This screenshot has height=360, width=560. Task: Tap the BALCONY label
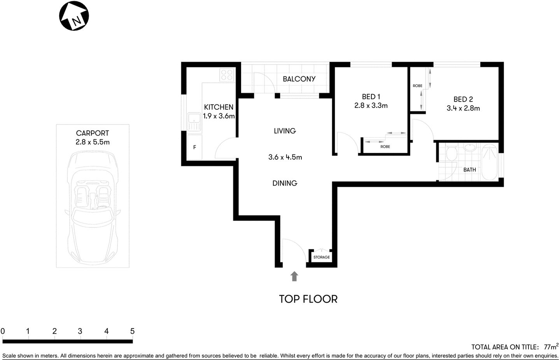tap(299, 79)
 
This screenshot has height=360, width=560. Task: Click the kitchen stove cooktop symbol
tap(227, 75)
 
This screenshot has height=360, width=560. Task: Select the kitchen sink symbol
tap(193, 122)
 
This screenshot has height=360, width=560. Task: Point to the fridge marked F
tap(194, 148)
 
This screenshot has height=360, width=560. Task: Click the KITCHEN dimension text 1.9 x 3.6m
tap(219, 116)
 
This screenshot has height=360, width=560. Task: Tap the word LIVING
tap(285, 131)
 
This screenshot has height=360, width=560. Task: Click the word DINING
tap(285, 183)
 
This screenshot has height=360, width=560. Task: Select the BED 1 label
tap(371, 97)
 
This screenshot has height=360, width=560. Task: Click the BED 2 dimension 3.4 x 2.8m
tap(463, 108)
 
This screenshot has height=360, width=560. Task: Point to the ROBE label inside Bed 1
tap(385, 147)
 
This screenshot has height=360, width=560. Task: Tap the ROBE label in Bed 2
tap(417, 86)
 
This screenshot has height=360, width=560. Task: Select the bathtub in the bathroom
tap(490, 162)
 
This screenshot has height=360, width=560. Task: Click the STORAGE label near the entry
tap(322, 257)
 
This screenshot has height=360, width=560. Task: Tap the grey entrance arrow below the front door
tap(294, 276)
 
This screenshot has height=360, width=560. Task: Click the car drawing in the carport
tap(93, 206)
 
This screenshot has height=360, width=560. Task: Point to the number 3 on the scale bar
tap(80, 331)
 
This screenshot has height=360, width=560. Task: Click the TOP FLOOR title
tap(308, 299)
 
